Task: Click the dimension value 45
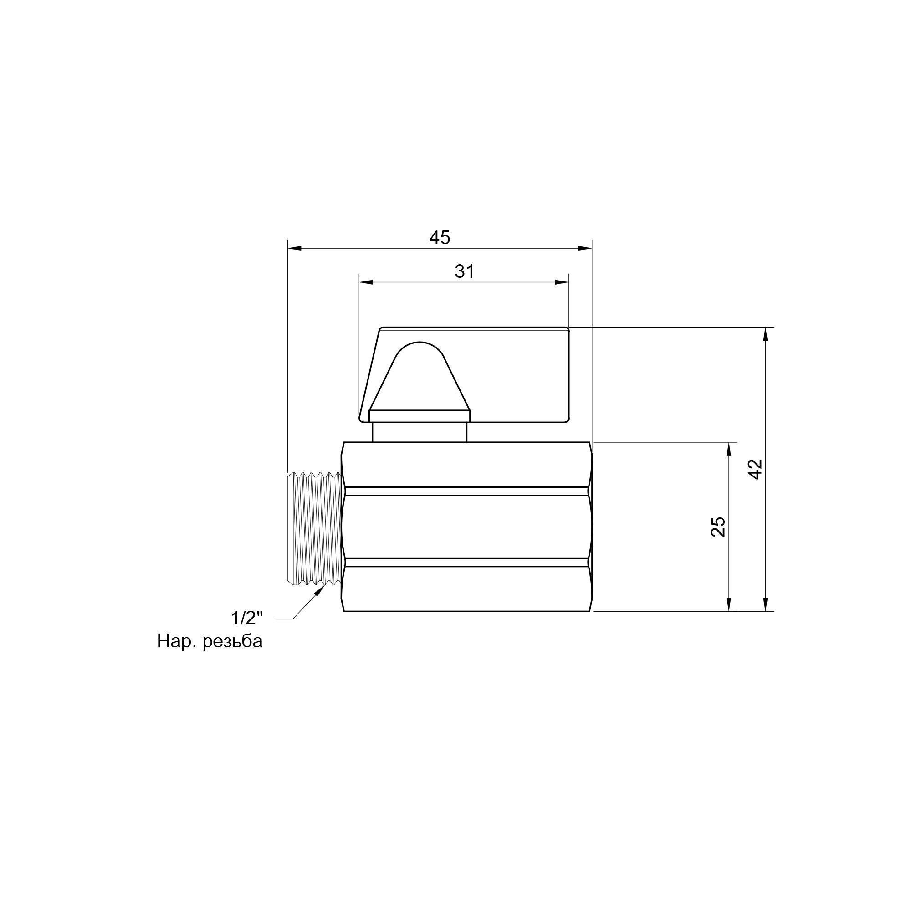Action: pyautogui.click(x=440, y=238)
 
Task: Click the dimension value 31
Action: pyautogui.click(x=465, y=271)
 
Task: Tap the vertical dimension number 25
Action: pyautogui.click(x=718, y=527)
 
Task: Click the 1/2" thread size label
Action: pyautogui.click(x=246, y=617)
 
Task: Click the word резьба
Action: pyautogui.click(x=232, y=641)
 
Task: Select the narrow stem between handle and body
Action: pyautogui.click(x=419, y=432)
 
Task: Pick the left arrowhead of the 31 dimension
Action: pyautogui.click(x=366, y=282)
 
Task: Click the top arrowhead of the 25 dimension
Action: pyautogui.click(x=729, y=449)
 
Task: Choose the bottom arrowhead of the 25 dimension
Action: pyautogui.click(x=729, y=604)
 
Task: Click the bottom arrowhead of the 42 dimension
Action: pyautogui.click(x=765, y=604)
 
